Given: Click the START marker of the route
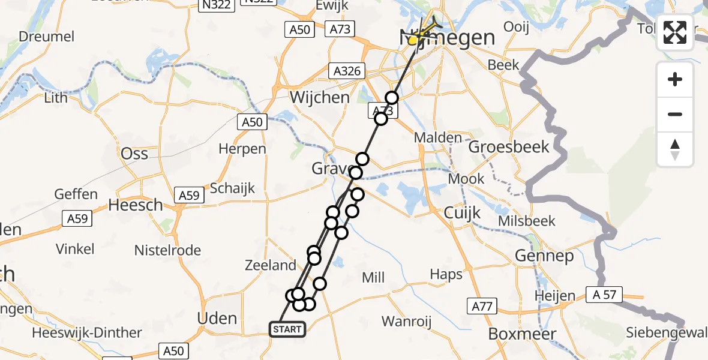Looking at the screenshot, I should point(287,329).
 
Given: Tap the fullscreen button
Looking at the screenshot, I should point(675,32).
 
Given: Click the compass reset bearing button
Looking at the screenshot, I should point(675,149).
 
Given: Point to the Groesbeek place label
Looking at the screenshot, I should point(509,146).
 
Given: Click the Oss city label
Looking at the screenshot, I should point(134,154).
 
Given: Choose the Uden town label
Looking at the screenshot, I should point(218,318).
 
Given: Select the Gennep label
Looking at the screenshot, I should point(544,256).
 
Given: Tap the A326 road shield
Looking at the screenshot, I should point(347,71).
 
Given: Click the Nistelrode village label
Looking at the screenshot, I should point(167,250).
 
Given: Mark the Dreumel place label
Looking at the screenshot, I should point(47,37).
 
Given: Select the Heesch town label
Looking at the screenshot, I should point(136,205).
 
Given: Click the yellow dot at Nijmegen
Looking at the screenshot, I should point(413,41).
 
